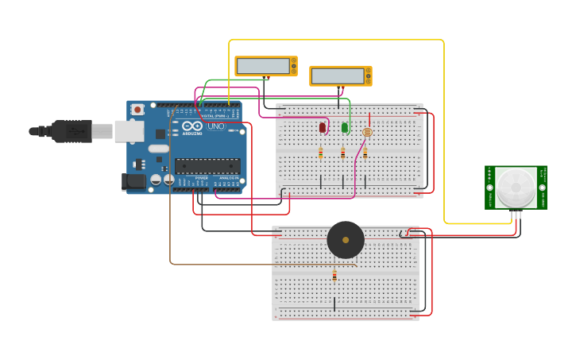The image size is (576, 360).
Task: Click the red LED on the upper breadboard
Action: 322,127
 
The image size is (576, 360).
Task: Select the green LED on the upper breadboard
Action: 344,127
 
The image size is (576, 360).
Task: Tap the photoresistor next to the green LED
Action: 366,133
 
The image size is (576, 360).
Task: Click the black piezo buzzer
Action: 346,239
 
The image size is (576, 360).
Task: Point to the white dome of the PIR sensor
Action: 516,188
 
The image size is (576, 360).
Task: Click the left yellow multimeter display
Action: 265,66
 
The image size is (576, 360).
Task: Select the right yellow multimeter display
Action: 340,75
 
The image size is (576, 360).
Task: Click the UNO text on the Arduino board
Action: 216,126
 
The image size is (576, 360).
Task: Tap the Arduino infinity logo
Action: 192,126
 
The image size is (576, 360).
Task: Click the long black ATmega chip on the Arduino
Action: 207,166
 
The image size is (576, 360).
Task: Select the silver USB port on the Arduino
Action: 129,131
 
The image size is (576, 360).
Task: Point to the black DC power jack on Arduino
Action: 134,182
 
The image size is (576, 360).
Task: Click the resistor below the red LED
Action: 321,153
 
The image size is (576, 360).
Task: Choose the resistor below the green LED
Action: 343,153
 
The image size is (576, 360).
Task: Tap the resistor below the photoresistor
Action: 365,153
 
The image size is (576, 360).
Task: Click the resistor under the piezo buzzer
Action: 334,276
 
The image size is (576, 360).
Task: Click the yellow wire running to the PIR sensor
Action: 443,119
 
